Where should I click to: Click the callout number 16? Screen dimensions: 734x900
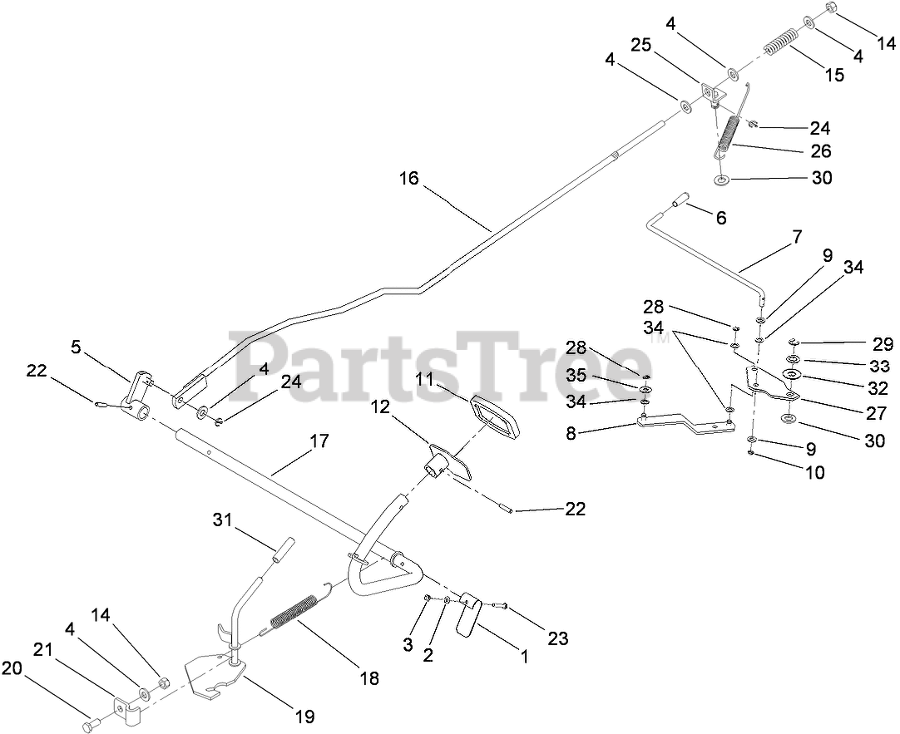(409, 178)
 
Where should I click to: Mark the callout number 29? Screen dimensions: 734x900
(882, 344)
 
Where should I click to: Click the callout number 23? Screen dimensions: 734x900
(557, 638)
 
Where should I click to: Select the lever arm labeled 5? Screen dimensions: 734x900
(138, 391)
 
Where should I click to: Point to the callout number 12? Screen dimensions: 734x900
(380, 408)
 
